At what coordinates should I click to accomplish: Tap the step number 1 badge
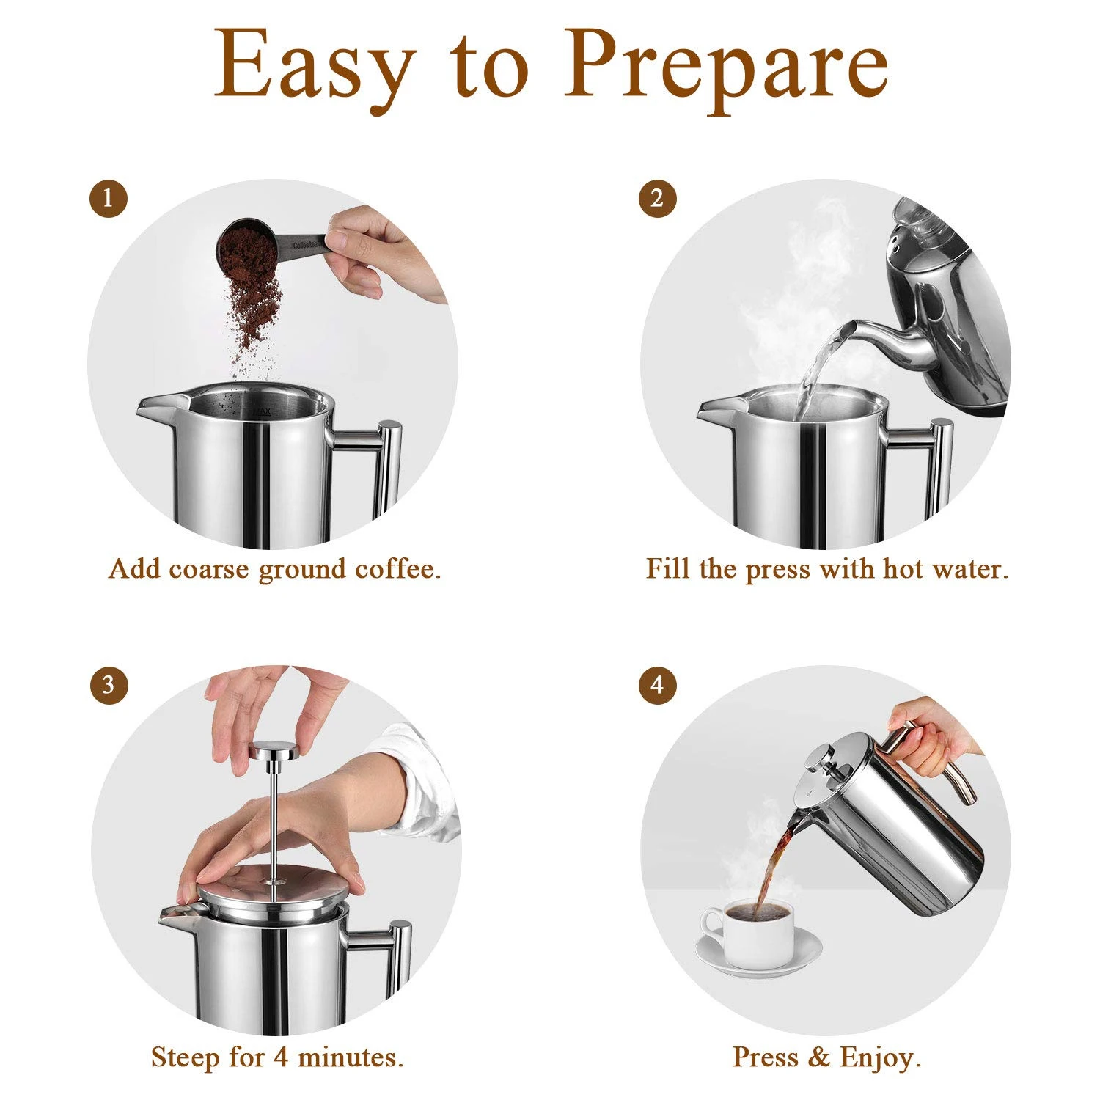pyautogui.click(x=109, y=199)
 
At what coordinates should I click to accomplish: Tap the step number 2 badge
pyautogui.click(x=656, y=199)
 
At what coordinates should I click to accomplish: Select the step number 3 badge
pyautogui.click(x=109, y=685)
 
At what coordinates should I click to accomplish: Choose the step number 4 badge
pyautogui.click(x=656, y=685)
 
